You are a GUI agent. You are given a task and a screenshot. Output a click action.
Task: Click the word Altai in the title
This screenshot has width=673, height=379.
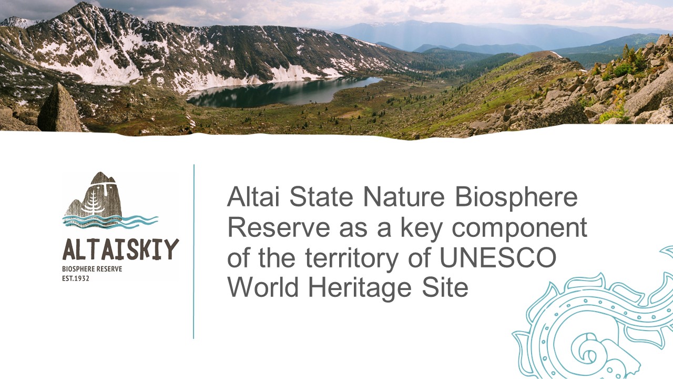[x=253, y=196]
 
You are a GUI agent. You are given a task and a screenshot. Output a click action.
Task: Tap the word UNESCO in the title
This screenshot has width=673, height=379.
[x=498, y=257]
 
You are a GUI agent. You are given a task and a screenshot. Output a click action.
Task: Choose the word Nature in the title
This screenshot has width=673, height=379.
[x=404, y=196]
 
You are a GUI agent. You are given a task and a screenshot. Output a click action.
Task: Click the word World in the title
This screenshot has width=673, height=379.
[x=263, y=287]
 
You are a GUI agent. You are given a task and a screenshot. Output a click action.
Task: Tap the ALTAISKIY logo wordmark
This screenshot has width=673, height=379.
[x=120, y=250]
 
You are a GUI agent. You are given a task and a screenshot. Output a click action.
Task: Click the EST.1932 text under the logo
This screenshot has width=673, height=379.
[x=76, y=278]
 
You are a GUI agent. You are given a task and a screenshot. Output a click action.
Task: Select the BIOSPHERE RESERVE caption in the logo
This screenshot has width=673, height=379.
[x=92, y=269]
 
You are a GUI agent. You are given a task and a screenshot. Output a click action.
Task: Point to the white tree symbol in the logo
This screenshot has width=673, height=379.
[x=94, y=203]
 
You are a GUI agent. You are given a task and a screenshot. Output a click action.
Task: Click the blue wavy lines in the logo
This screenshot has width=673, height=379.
[x=110, y=222]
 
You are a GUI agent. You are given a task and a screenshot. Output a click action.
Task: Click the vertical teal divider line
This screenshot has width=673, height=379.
[x=194, y=252]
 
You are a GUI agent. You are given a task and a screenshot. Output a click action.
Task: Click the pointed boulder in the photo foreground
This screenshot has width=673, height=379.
[x=59, y=108]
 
